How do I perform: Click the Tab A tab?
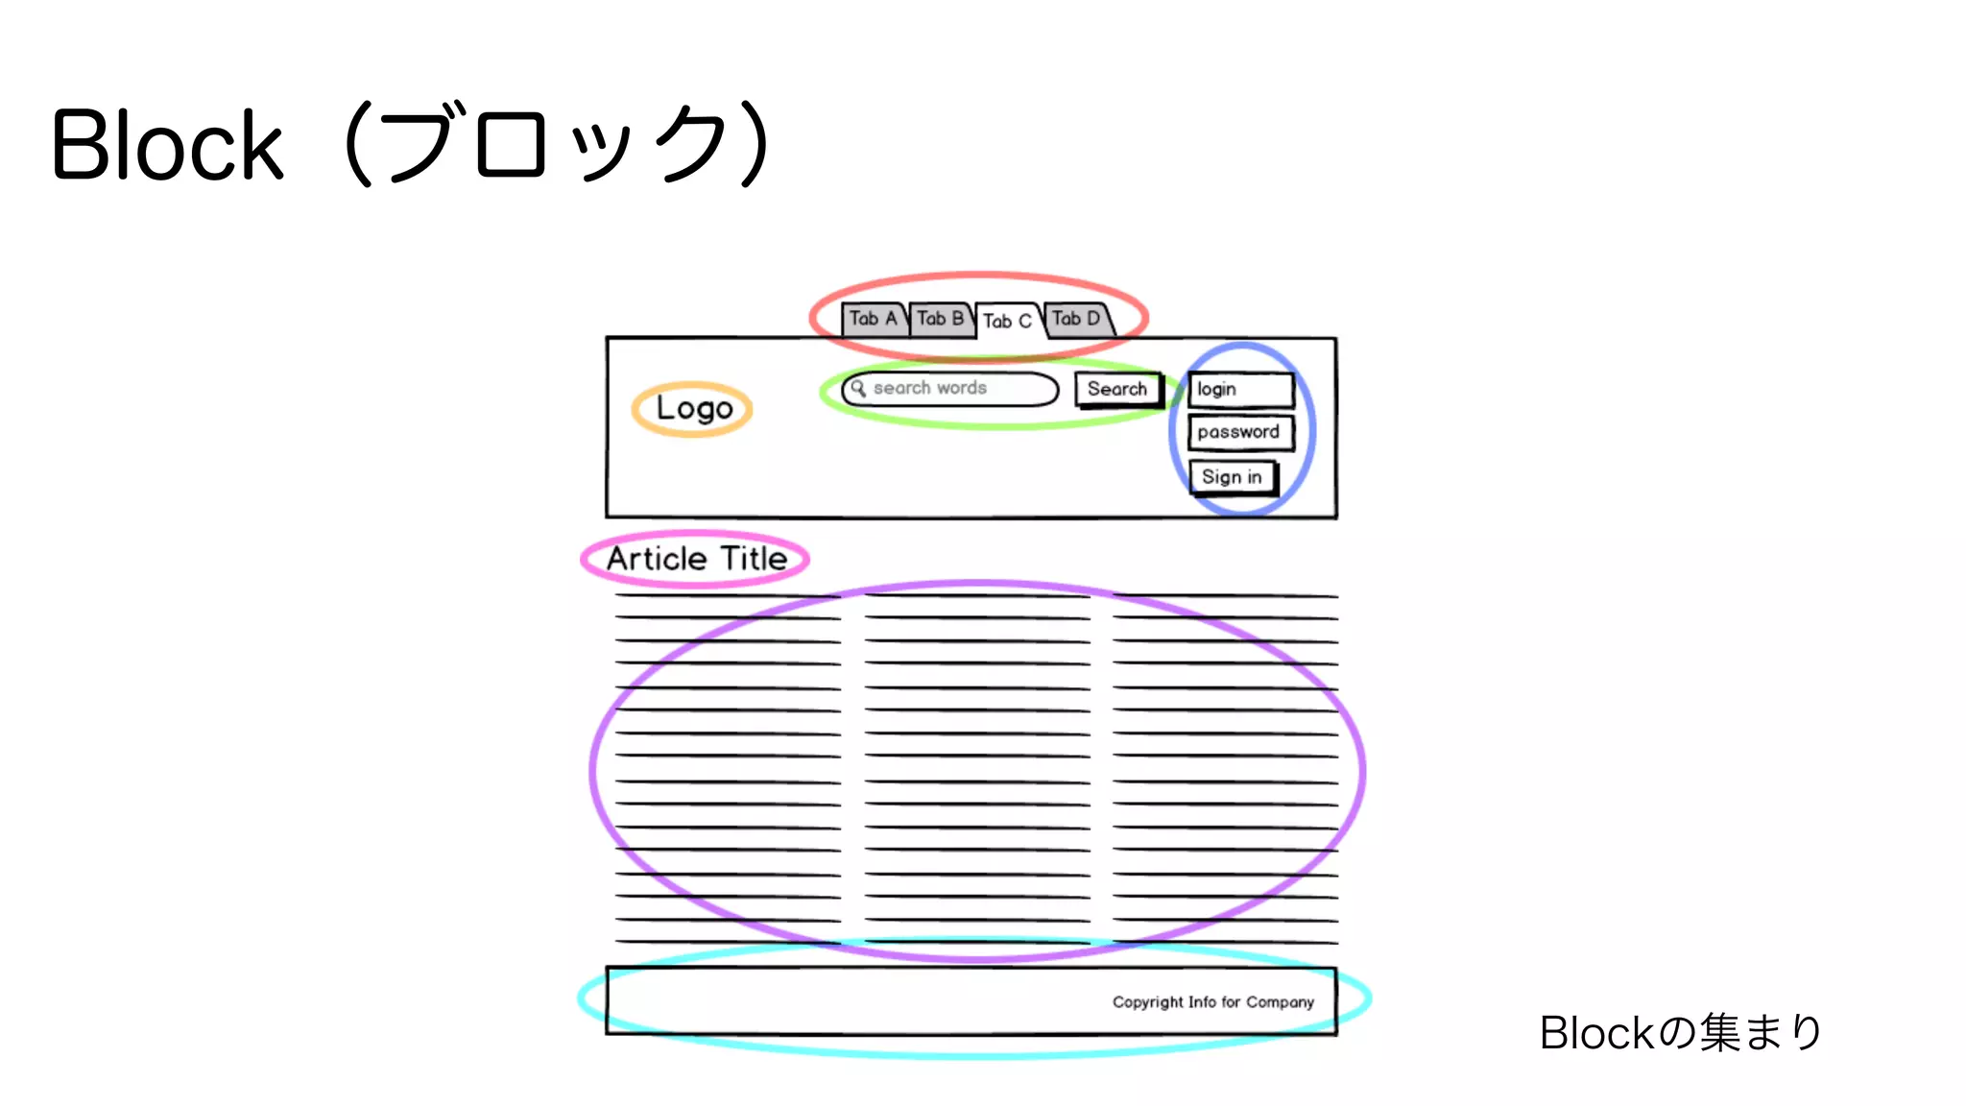pos(873,319)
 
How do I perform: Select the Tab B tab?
pos(940,319)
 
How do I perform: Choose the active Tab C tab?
pos(1007,321)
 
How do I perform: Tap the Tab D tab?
pos(1076,319)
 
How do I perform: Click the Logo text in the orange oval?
pos(694,408)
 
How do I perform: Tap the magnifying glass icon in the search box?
pos(858,388)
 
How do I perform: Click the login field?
pos(1240,389)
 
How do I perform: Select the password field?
pos(1239,432)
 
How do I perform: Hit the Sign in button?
pos(1232,477)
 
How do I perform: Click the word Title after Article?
pos(754,559)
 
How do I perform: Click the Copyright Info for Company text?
pos(1212,1002)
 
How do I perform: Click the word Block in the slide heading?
pos(168,146)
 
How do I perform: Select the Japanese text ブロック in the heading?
pos(557,146)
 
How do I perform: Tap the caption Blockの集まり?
pos(1681,1033)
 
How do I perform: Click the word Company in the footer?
pos(1280,1002)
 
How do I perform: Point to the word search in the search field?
pos(901,388)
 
